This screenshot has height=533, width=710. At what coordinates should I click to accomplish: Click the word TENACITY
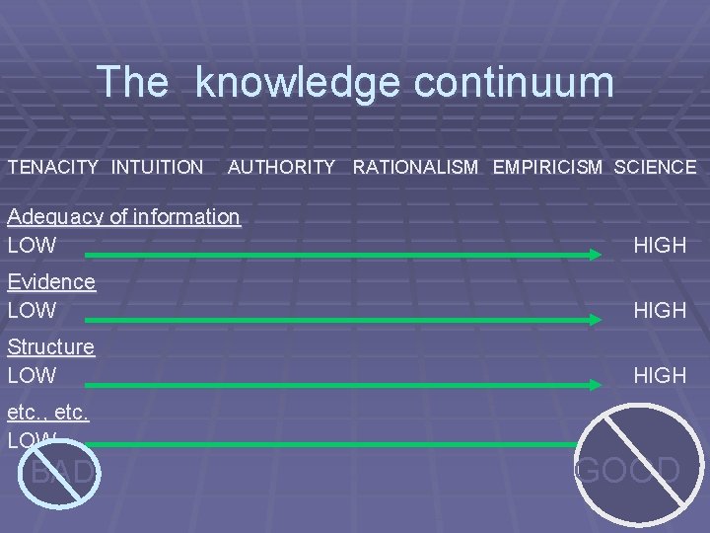point(53,168)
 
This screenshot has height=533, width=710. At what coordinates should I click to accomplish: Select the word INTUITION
point(158,168)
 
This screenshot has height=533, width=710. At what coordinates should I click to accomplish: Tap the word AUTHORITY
point(281,168)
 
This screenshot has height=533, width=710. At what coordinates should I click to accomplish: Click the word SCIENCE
point(655,168)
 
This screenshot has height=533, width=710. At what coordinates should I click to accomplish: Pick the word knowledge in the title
point(295,82)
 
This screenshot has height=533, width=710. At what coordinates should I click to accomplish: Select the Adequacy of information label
point(123,217)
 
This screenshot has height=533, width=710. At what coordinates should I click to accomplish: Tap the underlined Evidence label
point(51,282)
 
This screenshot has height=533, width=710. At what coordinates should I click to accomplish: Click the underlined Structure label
point(51,347)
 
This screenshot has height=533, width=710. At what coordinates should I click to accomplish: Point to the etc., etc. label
point(48,413)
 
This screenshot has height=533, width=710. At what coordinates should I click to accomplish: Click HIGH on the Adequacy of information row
point(661,245)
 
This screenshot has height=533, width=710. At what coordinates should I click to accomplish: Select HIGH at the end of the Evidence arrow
point(661,310)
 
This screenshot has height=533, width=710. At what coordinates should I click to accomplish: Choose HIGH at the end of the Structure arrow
point(661,375)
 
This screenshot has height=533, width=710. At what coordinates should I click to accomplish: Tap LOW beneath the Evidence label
point(32,310)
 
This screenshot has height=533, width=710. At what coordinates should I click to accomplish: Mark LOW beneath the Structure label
point(32,375)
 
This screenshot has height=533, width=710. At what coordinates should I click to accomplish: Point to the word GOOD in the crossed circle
point(628,469)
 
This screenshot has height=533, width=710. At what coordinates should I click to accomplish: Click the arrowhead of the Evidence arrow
point(595,320)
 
